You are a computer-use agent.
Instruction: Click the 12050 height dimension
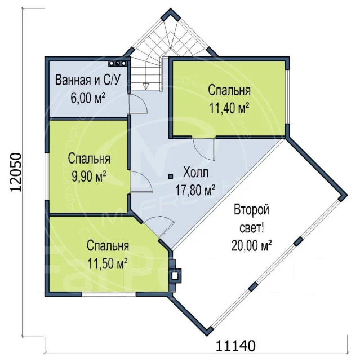click(16, 172)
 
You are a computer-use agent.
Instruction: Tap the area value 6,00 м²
click(88, 98)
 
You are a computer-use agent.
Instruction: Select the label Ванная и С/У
click(88, 80)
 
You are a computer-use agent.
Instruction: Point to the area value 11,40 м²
click(229, 108)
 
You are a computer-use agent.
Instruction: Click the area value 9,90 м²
click(89, 177)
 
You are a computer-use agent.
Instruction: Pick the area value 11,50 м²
click(108, 263)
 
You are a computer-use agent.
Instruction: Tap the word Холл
click(195, 172)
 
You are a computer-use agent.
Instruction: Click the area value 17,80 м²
click(195, 190)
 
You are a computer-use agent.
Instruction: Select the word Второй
click(251, 210)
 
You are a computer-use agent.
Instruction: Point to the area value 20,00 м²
click(251, 245)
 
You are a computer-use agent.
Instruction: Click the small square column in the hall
click(171, 177)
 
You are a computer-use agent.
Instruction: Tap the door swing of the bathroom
click(138, 104)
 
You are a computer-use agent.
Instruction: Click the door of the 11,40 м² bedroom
click(204, 149)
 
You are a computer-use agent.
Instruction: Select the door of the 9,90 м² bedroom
click(141, 182)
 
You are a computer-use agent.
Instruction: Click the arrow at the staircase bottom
click(145, 86)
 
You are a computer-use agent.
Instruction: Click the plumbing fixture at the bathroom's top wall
click(118, 64)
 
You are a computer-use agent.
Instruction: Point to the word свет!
click(251, 228)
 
